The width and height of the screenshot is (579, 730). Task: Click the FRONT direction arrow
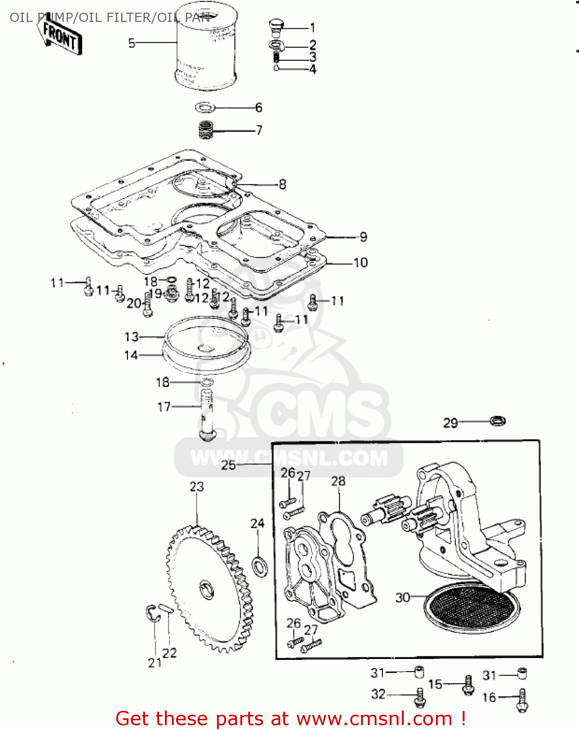60,36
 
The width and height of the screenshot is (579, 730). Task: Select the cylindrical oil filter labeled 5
205,49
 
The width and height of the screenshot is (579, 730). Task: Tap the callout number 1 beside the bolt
312,28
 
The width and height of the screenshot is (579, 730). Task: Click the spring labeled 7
206,130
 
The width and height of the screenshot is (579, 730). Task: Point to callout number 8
282,184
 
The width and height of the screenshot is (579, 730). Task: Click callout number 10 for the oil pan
361,263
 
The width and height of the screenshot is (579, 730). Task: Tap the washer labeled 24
259,566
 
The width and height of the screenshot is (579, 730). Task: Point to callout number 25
228,465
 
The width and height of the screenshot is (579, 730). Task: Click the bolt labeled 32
420,697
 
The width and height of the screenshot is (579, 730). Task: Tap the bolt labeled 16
522,700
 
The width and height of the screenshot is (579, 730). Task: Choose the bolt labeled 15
468,685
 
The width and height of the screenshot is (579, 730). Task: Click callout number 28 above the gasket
338,481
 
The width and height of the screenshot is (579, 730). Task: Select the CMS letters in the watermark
321,414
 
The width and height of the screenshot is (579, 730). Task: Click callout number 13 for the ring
131,337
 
